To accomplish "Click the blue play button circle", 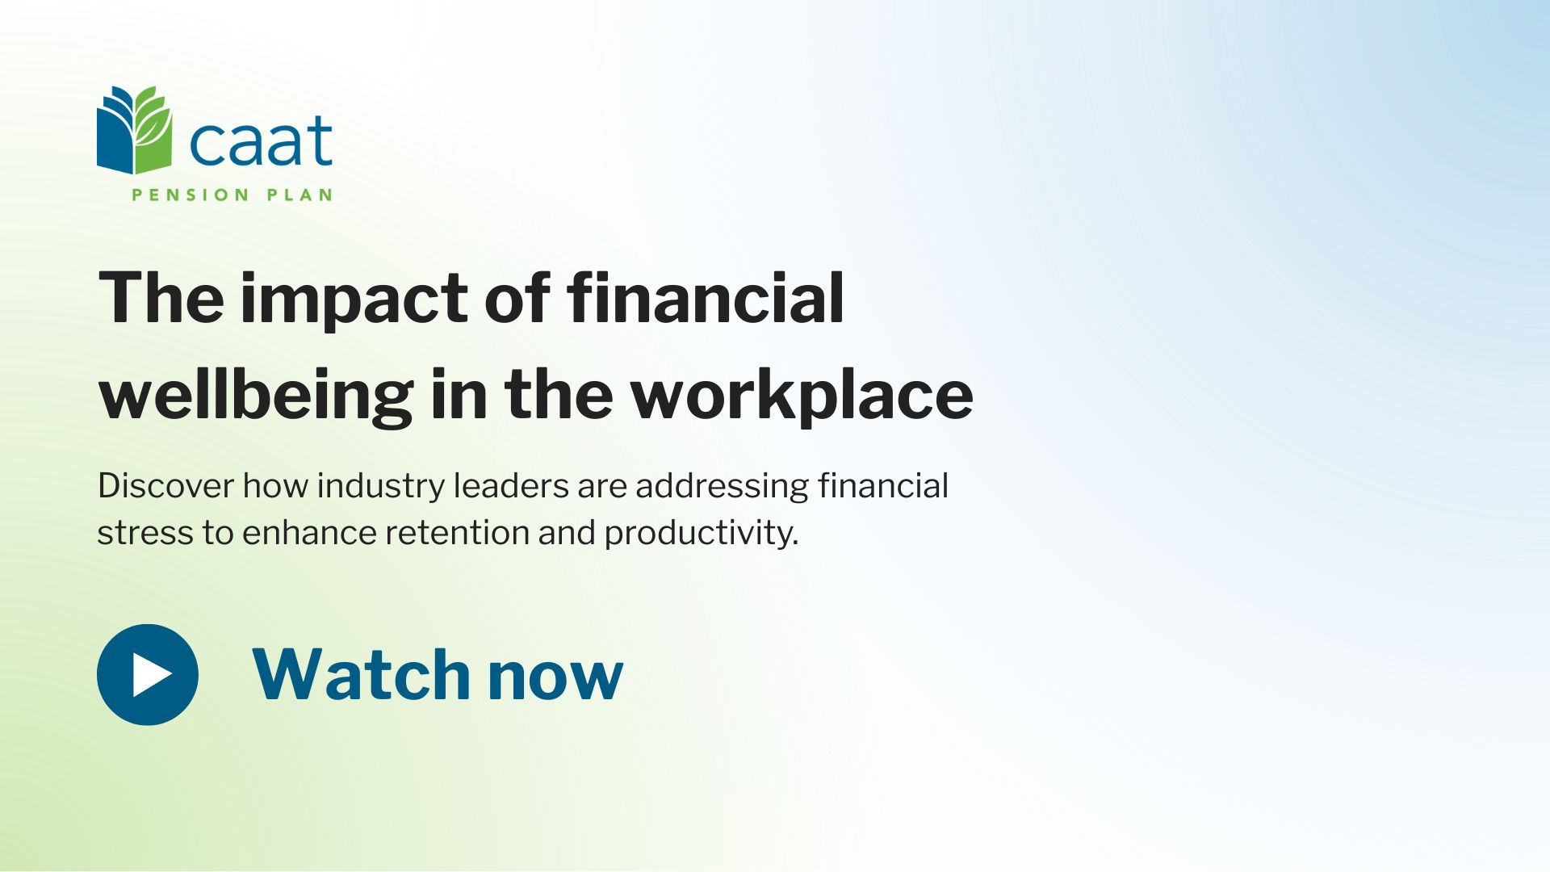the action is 148,674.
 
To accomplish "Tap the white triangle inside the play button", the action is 152,674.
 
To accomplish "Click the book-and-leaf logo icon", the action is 135,130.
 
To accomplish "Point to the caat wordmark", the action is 261,140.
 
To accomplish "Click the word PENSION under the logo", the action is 191,195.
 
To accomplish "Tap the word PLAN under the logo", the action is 300,195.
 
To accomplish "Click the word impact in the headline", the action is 355,300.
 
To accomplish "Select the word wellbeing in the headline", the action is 256,396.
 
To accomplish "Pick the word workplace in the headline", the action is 802,396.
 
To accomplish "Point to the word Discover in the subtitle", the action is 165,486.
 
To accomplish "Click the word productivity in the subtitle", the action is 701,534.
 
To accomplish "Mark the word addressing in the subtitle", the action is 722,488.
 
